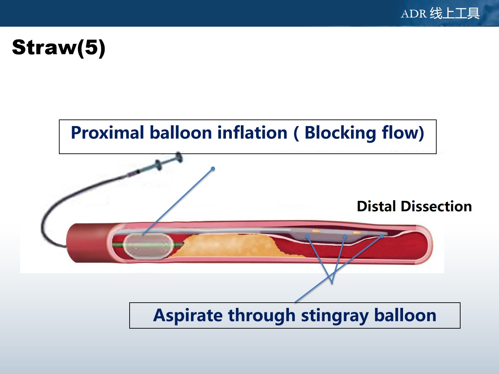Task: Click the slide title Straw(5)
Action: [x=59, y=48]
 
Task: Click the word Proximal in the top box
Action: [x=107, y=133]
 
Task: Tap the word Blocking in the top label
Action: [x=340, y=133]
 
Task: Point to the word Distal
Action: [x=376, y=206]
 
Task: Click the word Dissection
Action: [x=436, y=206]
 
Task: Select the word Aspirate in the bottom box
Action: [x=188, y=315]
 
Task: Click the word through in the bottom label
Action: [x=262, y=315]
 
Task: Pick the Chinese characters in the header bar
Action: [x=454, y=13]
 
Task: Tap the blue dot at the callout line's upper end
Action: [x=213, y=169]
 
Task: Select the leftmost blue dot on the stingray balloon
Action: [x=307, y=237]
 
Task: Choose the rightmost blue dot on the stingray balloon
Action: [x=382, y=237]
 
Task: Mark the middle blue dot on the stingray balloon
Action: [x=345, y=237]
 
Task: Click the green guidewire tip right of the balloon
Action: [x=179, y=244]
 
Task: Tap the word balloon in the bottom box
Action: [x=405, y=315]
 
